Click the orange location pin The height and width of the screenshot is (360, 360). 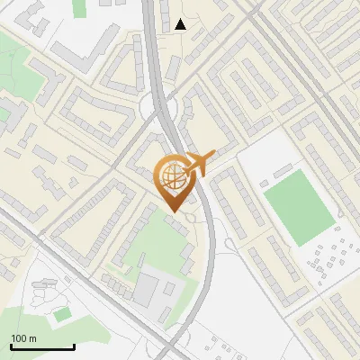pos(172,181)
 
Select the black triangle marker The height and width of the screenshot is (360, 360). pos(181,24)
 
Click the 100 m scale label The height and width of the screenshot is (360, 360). pos(23,338)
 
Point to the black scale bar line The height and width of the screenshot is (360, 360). pos(42,346)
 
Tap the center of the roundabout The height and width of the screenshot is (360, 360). pos(165,111)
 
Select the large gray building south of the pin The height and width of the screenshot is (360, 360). pos(147,290)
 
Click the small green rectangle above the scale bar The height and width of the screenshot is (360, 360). pos(60,314)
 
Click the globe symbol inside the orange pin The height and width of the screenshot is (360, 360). pos(171,176)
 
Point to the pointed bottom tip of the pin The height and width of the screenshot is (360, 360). pos(172,210)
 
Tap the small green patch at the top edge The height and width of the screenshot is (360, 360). pos(78,7)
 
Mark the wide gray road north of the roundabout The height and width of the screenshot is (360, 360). pos(154,45)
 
